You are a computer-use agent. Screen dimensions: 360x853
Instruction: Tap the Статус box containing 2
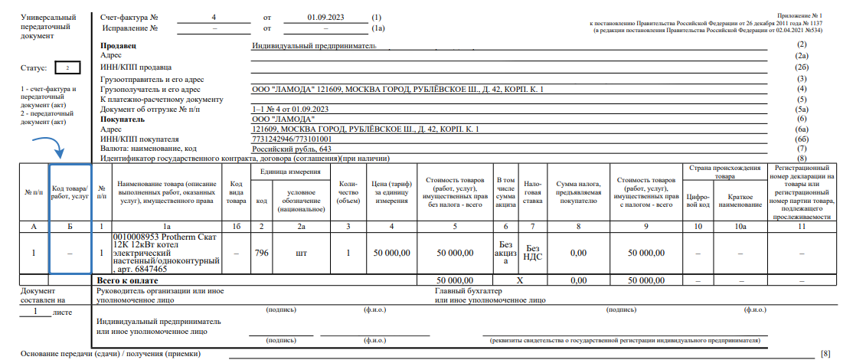pyautogui.click(x=67, y=68)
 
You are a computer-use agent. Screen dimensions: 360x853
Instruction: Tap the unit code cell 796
pyautogui.click(x=262, y=253)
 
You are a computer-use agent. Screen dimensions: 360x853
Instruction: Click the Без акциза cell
pyautogui.click(x=505, y=253)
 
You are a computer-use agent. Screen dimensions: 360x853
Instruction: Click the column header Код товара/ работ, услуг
pyautogui.click(x=70, y=194)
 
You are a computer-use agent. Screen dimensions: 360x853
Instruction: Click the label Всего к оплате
pyautogui.click(x=141, y=281)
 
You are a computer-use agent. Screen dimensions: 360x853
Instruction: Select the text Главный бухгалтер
pyautogui.click(x=469, y=292)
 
